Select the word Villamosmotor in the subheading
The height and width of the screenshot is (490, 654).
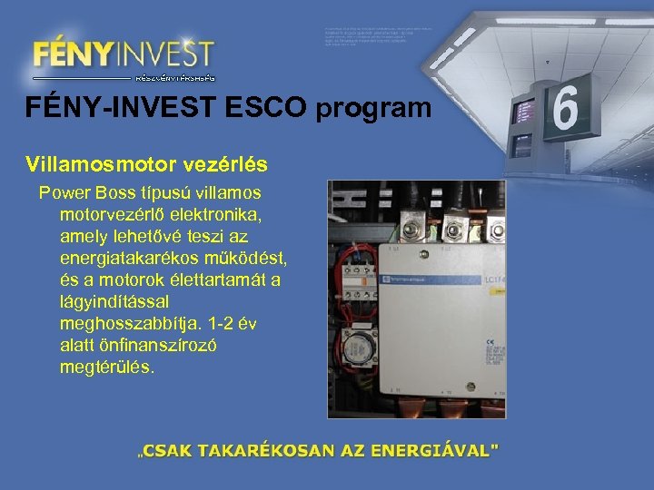click(x=88, y=164)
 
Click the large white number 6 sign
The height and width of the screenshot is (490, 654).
click(x=565, y=109)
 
